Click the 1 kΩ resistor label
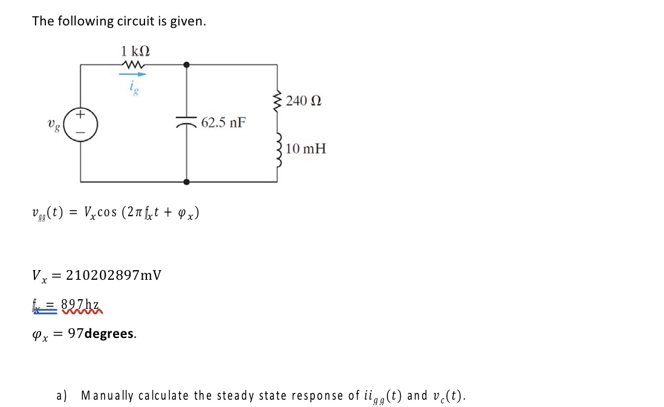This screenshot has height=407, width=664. click(134, 51)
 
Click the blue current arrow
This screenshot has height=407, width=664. click(133, 75)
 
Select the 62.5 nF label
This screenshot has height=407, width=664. click(223, 123)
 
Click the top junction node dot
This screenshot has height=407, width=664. click(186, 64)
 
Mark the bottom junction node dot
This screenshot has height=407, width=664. click(186, 181)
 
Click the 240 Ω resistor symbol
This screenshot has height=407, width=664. click(278, 99)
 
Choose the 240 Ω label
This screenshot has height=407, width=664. click(304, 101)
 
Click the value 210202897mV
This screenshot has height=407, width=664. click(113, 276)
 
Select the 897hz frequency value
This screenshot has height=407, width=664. click(83, 305)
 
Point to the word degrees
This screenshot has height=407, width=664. click(110, 334)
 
